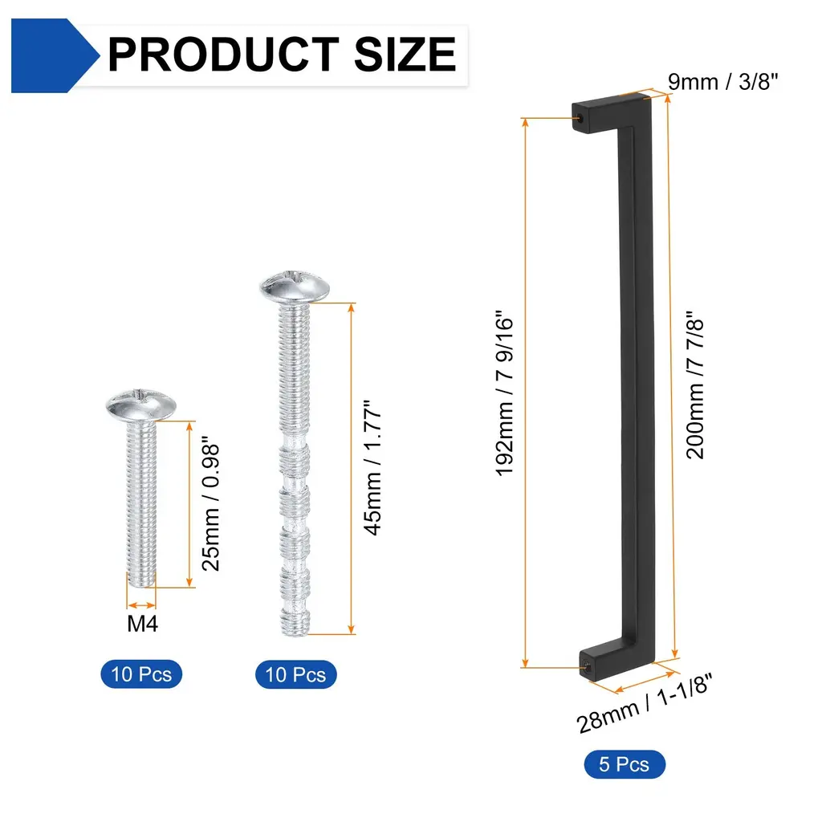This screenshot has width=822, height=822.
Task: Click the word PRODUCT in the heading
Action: tap(223, 55)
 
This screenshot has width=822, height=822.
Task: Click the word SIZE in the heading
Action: tap(405, 55)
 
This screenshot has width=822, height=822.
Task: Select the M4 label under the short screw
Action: tap(142, 624)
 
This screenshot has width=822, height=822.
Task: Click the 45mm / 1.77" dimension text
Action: tap(372, 468)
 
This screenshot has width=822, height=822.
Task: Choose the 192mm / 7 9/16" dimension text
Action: tap(504, 393)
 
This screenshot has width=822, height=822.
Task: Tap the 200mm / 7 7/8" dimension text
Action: tap(695, 385)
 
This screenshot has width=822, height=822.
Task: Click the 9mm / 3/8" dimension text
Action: tap(723, 82)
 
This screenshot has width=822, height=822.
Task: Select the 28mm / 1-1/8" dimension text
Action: tap(645, 703)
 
